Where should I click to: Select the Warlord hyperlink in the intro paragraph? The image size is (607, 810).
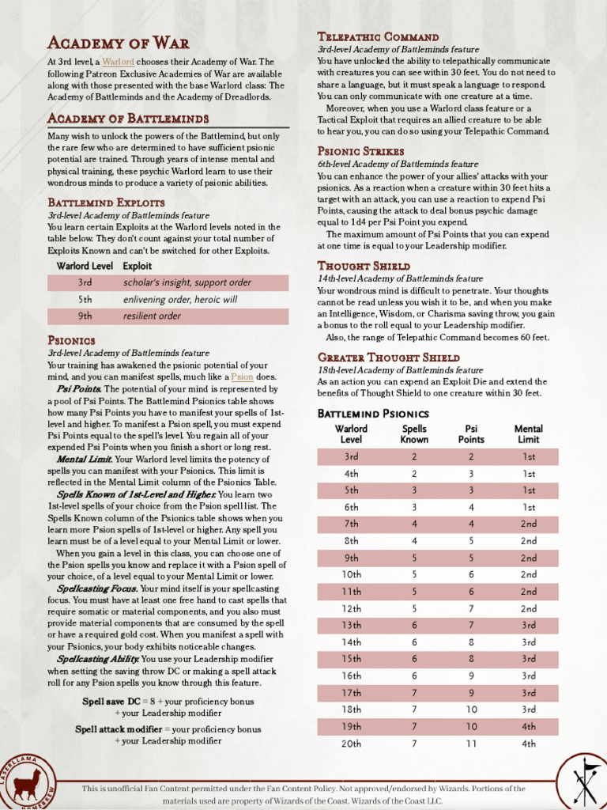click(x=118, y=62)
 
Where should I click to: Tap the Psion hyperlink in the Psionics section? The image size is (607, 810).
click(x=243, y=377)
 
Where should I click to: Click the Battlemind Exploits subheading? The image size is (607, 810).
click(x=106, y=202)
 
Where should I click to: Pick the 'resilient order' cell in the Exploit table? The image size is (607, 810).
click(x=152, y=316)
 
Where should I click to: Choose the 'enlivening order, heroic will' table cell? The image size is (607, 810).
click(x=179, y=300)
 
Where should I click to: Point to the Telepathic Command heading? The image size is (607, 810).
click(x=378, y=36)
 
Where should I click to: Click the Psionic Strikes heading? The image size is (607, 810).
click(x=360, y=151)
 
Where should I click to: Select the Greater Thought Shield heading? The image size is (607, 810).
click(x=388, y=358)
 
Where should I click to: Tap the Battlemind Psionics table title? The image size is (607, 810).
click(x=373, y=414)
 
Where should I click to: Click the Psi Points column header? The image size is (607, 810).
click(x=471, y=434)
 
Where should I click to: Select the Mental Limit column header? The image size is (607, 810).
click(x=528, y=434)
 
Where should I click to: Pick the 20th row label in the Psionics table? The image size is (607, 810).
click(x=352, y=744)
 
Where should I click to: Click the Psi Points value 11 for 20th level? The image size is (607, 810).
click(x=471, y=744)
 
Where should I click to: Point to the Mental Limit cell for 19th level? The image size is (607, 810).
click(x=528, y=726)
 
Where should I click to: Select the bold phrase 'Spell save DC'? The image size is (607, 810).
click(x=113, y=702)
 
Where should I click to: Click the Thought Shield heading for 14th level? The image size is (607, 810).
click(x=364, y=266)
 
